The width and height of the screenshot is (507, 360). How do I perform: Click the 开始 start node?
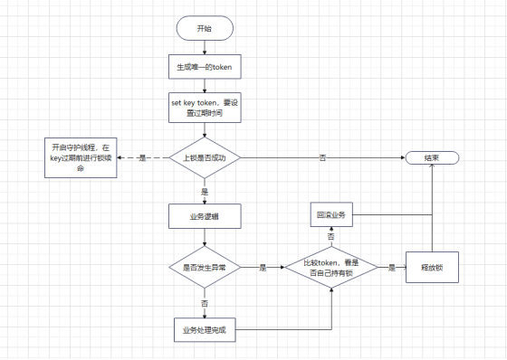coord(204,29)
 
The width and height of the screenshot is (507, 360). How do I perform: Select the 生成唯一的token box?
coord(204,67)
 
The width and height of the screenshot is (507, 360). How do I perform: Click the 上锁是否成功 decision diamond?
coord(204,157)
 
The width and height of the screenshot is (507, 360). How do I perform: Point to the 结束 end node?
coord(431,157)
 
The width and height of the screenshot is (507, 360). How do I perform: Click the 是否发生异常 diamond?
coord(204,268)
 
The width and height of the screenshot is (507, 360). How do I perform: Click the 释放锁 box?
coord(431,268)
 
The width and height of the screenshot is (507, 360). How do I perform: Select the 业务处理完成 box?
coord(204,329)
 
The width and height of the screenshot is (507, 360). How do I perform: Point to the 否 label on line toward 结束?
coord(323,157)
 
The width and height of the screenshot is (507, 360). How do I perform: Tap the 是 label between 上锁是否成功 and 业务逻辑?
coord(204,192)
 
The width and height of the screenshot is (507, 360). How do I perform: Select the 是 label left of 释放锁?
coord(392,268)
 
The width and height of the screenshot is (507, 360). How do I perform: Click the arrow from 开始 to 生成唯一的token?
coord(204,48)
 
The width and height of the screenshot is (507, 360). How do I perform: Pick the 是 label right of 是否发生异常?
coord(263,268)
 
